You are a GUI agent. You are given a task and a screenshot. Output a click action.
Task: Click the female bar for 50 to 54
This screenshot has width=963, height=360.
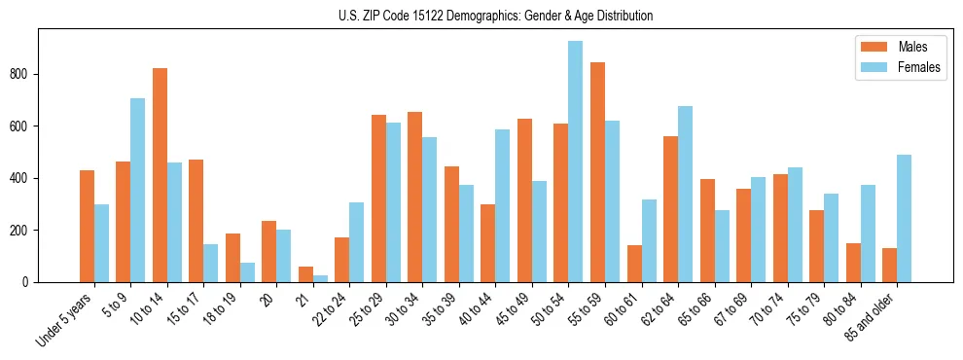tap(576, 162)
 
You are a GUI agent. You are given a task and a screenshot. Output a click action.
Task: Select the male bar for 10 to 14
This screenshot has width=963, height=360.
tap(160, 175)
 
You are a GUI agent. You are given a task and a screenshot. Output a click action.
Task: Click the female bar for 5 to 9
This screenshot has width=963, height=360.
tap(138, 190)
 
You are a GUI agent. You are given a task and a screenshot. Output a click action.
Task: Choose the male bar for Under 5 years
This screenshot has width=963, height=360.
tap(87, 226)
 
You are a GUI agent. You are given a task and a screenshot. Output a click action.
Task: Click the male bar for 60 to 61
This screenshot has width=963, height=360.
tap(634, 264)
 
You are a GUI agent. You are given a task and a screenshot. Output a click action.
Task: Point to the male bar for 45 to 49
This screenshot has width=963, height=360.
tap(524, 200)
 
